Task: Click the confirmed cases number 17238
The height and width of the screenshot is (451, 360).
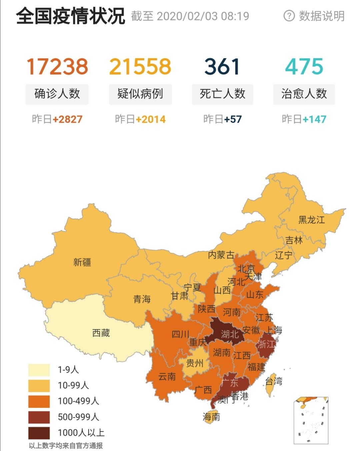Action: point(57,66)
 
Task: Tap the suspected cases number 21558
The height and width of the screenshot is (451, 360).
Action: point(140,66)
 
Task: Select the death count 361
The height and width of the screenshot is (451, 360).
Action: point(222,66)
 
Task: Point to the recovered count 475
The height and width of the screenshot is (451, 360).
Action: point(304,66)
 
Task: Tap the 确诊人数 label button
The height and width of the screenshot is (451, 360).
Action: point(57,94)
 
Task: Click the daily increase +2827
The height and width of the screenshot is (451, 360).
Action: point(67,119)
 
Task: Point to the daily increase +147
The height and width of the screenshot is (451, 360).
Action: point(314,119)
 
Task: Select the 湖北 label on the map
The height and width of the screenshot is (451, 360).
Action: point(230,334)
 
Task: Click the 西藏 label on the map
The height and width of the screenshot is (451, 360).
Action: point(101,333)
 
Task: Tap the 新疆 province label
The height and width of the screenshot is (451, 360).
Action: point(82,262)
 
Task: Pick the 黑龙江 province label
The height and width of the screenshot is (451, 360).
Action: point(311,220)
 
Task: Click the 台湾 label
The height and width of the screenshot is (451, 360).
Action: point(274,381)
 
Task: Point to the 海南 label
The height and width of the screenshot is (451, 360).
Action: point(211,417)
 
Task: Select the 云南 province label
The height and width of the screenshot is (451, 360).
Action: point(167,377)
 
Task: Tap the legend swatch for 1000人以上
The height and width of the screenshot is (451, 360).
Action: point(39,433)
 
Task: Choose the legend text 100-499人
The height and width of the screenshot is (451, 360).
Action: point(78,401)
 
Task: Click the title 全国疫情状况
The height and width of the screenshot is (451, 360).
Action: point(71,16)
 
